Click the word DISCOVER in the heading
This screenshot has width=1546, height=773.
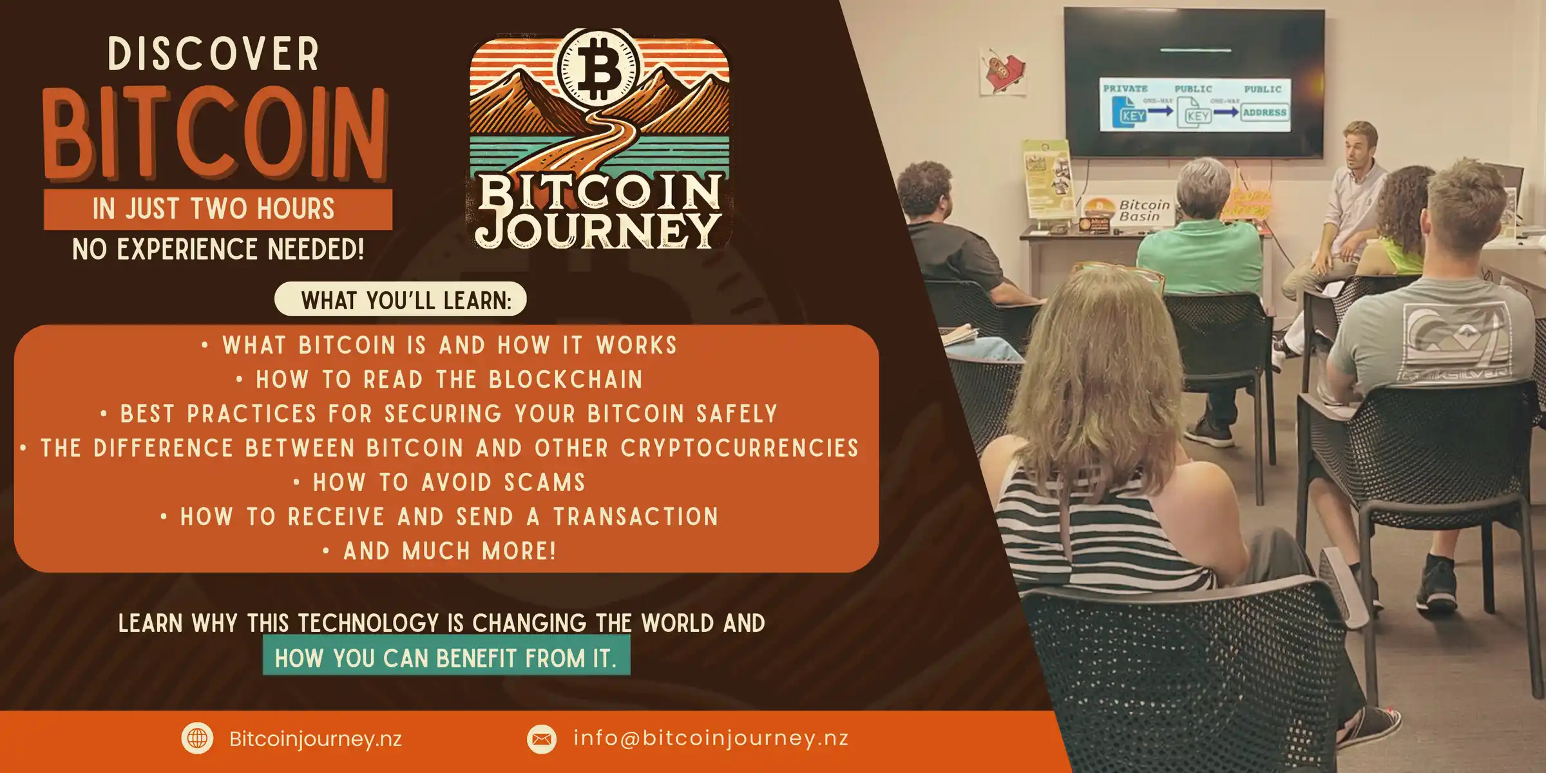213,54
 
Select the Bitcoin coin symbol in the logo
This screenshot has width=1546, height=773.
599,66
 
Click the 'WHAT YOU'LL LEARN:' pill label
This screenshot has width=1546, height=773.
401,300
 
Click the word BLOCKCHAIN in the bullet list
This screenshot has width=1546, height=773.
566,380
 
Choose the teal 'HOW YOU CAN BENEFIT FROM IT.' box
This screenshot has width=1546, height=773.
446,656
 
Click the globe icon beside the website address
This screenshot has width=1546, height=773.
197,738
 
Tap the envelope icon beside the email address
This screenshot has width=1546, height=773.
542,738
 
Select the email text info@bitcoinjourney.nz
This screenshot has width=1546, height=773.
711,738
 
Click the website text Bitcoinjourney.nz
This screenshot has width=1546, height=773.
316,739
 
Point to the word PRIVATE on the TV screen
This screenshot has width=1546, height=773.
1125,89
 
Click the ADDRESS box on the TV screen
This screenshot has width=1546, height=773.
1264,113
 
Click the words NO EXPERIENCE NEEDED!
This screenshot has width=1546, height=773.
218,249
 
